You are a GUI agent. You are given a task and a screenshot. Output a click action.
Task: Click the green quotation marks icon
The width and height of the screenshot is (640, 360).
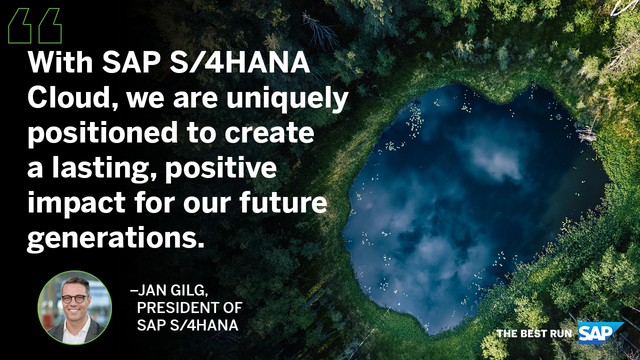(34, 26)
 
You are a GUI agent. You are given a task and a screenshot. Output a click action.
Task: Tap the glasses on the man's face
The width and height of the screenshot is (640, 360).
(75, 297)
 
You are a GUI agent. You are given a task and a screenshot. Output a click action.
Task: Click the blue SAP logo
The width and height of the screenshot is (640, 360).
(602, 332)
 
